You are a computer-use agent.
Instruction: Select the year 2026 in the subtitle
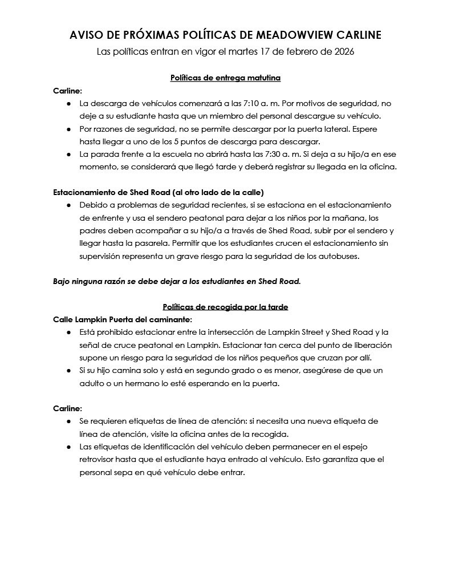click(x=343, y=52)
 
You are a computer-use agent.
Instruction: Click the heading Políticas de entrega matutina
click(x=225, y=78)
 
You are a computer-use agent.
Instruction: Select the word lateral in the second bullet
click(x=336, y=129)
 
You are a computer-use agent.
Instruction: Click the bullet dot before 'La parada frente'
click(x=69, y=154)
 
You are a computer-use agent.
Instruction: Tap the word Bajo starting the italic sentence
click(x=63, y=281)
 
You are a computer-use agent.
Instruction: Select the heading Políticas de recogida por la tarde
click(x=225, y=307)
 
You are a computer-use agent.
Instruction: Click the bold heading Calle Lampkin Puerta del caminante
click(x=122, y=319)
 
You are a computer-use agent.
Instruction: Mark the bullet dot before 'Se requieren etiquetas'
click(x=69, y=421)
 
